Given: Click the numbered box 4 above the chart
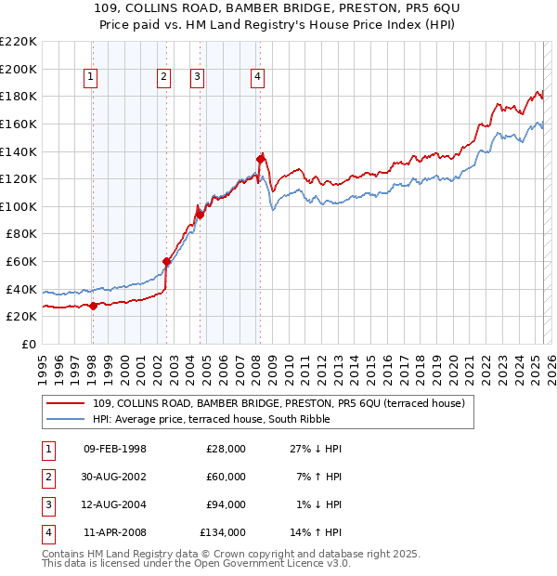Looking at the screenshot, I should coord(256,78).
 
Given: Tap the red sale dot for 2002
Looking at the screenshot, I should coord(167,262).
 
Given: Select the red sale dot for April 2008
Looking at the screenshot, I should coord(260,159).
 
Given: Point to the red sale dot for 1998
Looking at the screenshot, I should coord(93,306).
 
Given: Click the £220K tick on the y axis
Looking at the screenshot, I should coord(19,42).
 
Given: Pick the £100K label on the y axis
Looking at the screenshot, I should coord(19,206).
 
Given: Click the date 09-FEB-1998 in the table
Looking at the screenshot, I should coord(115,449).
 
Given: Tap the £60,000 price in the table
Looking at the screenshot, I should coord(226,477).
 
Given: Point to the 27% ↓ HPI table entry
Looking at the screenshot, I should coord(316,449).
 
